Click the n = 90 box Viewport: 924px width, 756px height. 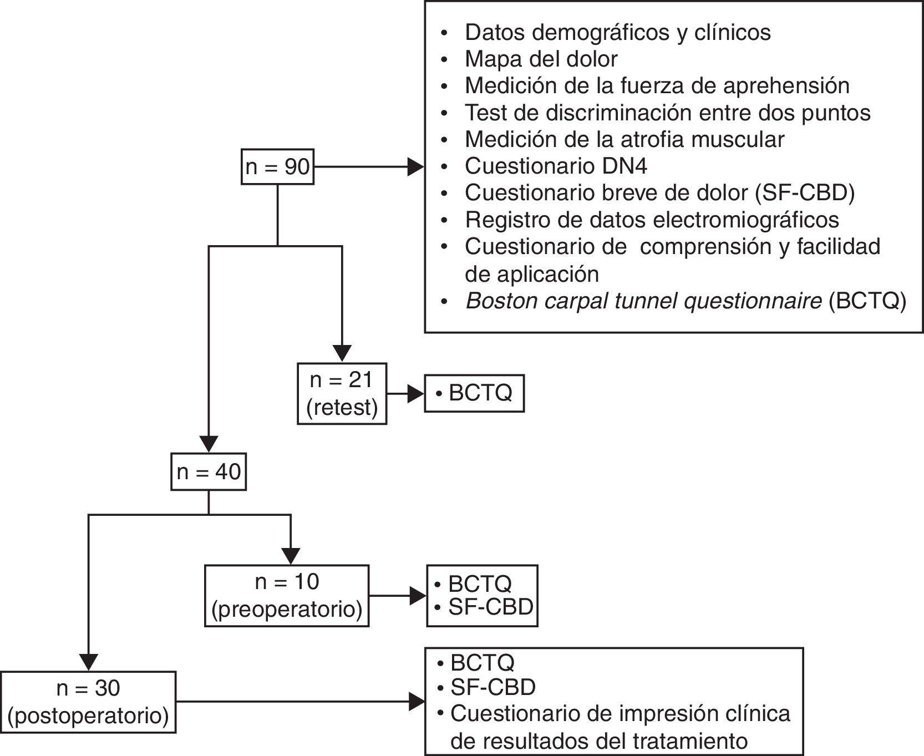pyautogui.click(x=277, y=166)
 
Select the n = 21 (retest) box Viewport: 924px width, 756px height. pyautogui.click(x=342, y=394)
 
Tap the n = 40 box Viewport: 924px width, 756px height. pyautogui.click(x=209, y=472)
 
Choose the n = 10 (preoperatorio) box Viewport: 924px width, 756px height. pyautogui.click(x=287, y=596)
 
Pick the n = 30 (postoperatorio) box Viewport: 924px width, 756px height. pyautogui.click(x=88, y=702)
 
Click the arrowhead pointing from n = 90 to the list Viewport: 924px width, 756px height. pyautogui.click(x=415, y=166)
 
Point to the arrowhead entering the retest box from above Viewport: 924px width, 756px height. pyautogui.click(x=342, y=353)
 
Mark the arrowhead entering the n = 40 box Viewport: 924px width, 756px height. pyautogui.click(x=209, y=445)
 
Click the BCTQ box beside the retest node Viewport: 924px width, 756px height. pyautogui.click(x=474, y=394)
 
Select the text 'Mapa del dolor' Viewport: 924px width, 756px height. pyautogui.click(x=541, y=59)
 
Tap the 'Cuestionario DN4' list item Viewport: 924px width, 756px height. pyautogui.click(x=556, y=166)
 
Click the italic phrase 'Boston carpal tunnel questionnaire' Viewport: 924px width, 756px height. pyautogui.click(x=643, y=301)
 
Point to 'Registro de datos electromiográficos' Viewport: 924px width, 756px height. pyautogui.click(x=652, y=220)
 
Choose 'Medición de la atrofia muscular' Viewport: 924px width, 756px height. pyautogui.click(x=625, y=139)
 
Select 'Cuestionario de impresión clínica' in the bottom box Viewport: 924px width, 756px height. pyautogui.click(x=620, y=713)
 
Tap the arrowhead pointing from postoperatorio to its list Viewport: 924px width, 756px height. pyautogui.click(x=417, y=702)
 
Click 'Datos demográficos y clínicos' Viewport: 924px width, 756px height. pyautogui.click(x=617, y=32)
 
